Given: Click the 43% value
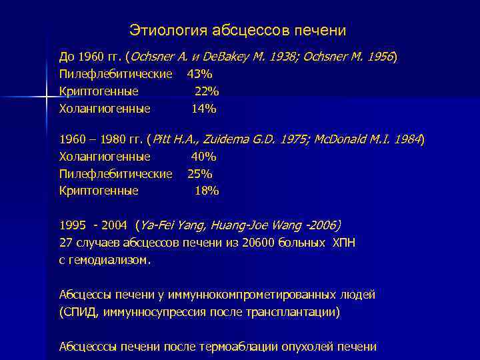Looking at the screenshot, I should click(x=199, y=73).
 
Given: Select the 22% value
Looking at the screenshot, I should click(x=207, y=91).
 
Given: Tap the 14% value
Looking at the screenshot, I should click(x=204, y=108).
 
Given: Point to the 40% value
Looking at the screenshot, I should click(x=204, y=157).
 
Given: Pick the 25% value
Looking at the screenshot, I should click(x=199, y=174).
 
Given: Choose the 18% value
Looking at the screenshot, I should click(x=207, y=191).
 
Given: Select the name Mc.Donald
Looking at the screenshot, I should click(x=340, y=140).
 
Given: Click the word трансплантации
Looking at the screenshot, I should click(x=297, y=311).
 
